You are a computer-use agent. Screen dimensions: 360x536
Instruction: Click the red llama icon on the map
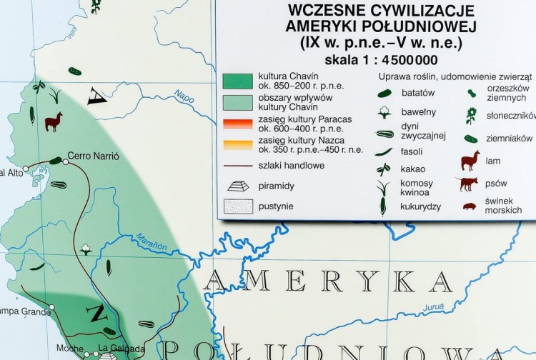[53, 121]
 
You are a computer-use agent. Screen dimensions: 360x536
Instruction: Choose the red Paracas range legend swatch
[238, 123]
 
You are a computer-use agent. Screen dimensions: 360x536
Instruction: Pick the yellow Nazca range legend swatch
[238, 145]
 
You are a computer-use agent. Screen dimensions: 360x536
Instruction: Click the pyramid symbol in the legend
[238, 186]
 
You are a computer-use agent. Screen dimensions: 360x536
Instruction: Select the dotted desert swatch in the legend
[238, 206]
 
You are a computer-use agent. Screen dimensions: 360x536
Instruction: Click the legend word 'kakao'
[413, 169]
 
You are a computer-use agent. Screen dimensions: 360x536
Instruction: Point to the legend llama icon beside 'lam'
[470, 160]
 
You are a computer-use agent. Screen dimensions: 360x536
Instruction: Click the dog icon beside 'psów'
[467, 184]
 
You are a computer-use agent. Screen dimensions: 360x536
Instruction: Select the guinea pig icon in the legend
[469, 206]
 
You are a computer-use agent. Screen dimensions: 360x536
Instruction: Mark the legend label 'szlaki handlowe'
[292, 166]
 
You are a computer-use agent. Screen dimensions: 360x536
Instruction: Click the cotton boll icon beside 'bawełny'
[385, 113]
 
